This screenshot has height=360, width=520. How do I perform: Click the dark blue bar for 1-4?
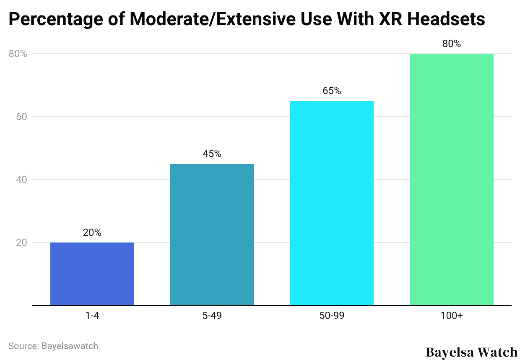point(92,274)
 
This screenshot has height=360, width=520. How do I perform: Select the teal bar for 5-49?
point(212,235)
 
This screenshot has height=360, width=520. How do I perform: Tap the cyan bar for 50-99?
point(332,203)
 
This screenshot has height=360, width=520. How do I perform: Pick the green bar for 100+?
point(451,180)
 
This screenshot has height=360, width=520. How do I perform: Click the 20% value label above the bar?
point(92,232)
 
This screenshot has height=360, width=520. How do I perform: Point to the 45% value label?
point(212,154)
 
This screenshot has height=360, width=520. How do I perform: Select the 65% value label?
point(332,91)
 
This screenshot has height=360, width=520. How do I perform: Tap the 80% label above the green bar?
point(451,44)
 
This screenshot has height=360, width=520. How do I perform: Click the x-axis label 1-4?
point(92,316)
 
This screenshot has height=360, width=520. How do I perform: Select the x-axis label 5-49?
point(212,316)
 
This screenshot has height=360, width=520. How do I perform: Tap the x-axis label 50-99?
point(332,316)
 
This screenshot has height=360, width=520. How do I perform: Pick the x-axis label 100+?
point(451,316)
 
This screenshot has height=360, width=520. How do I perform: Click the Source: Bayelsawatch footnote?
point(53,346)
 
